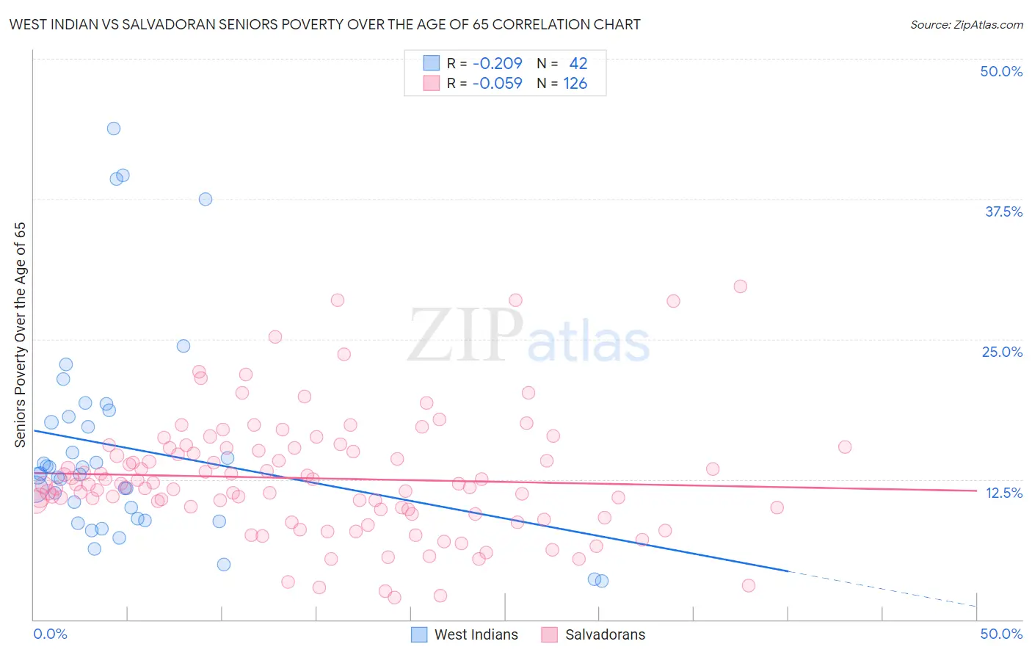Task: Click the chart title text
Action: click(324, 24)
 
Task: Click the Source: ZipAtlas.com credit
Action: click(966, 24)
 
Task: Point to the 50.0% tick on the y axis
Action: click(1001, 71)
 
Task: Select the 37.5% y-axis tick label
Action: click(1003, 211)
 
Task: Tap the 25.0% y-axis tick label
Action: click(1002, 352)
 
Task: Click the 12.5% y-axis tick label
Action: click(1003, 493)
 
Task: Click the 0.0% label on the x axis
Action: click(50, 634)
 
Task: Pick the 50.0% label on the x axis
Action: click(1001, 634)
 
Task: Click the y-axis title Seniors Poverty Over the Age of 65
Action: click(21, 335)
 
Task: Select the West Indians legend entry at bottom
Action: click(476, 634)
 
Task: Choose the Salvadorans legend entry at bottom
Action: click(605, 634)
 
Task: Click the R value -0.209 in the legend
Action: click(497, 63)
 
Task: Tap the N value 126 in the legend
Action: click(575, 83)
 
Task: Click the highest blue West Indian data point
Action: click(114, 129)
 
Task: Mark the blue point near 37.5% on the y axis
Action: click(206, 199)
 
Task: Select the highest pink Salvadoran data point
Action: click(740, 286)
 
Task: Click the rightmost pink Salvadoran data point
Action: click(845, 447)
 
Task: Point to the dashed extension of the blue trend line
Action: click(881, 588)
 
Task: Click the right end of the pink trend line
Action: click(975, 490)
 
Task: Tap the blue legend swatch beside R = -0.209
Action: click(431, 63)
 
